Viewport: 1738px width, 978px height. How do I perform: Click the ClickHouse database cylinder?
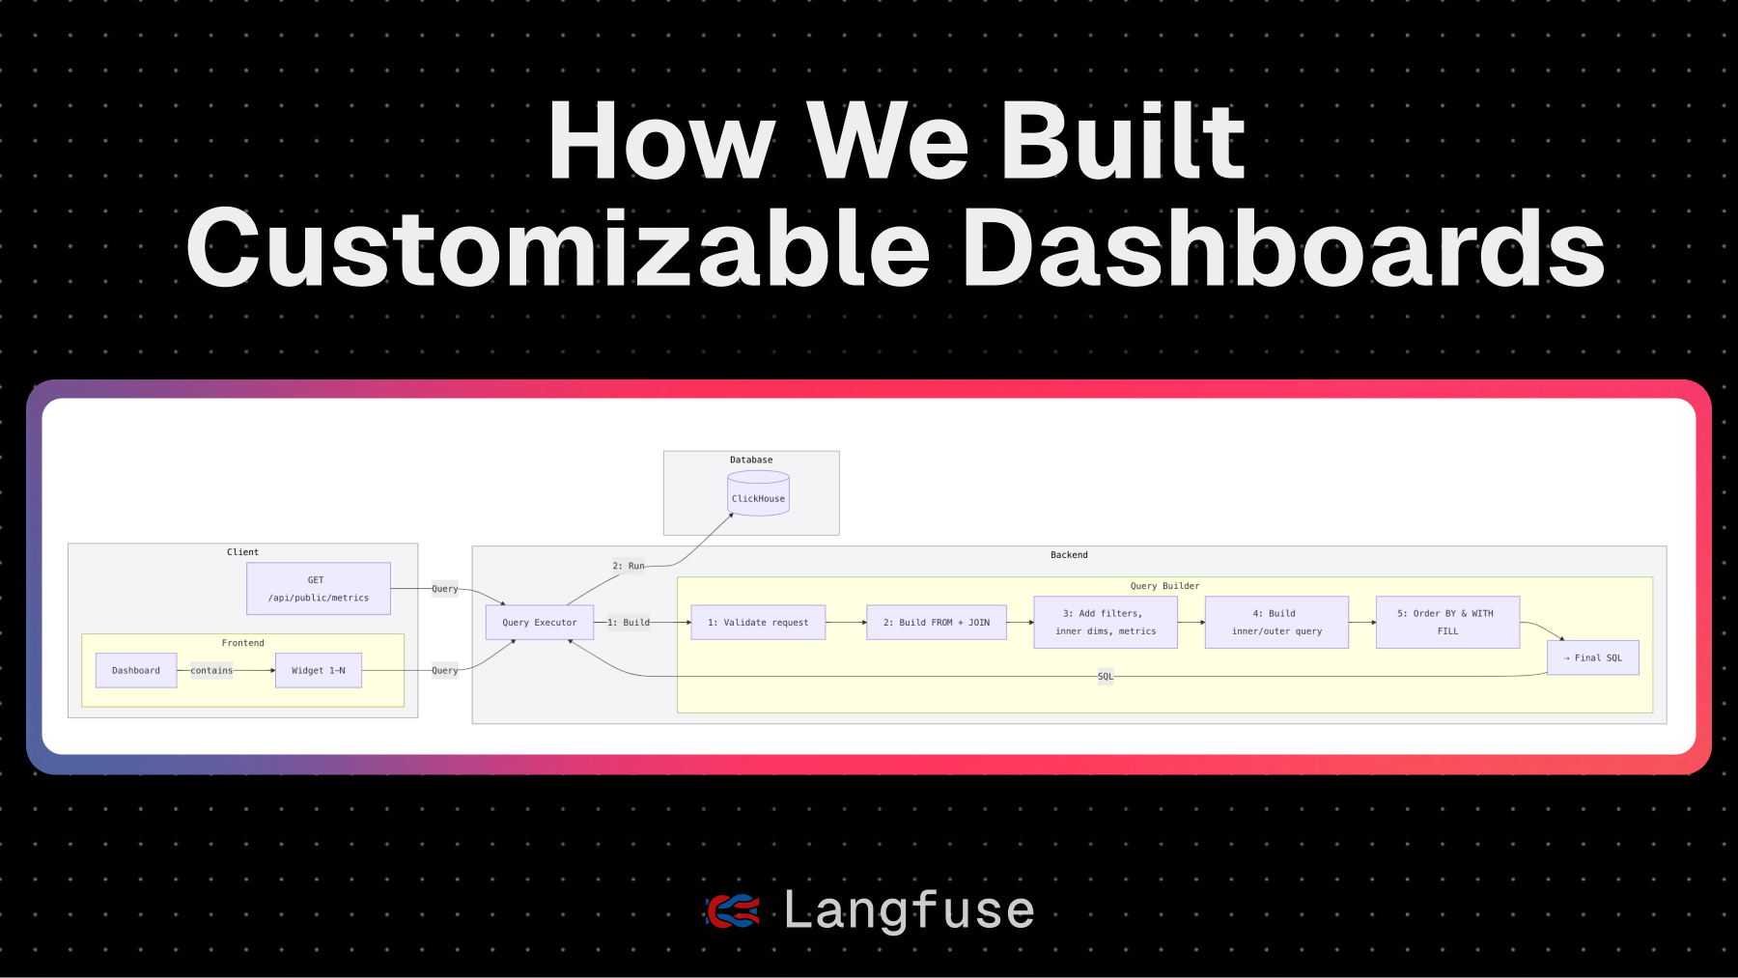(x=758, y=493)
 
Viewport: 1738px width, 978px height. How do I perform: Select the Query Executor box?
(x=539, y=623)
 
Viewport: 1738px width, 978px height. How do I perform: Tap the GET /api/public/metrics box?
(x=319, y=589)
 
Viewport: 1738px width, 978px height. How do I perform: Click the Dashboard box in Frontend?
(x=136, y=670)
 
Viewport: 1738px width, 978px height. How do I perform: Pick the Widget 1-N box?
(x=319, y=670)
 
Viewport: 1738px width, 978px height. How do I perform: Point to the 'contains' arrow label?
(x=211, y=670)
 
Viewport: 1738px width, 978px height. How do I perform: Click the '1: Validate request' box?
(x=758, y=623)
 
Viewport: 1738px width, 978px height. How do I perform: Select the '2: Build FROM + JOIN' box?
(x=937, y=623)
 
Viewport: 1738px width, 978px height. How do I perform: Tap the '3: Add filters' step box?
(x=1106, y=622)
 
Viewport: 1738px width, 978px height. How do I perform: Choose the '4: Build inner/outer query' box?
(x=1276, y=622)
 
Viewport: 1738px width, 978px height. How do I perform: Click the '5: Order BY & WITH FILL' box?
(x=1447, y=622)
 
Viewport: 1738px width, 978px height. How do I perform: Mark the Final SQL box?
(x=1592, y=657)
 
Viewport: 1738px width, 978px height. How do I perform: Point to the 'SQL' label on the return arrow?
(x=1106, y=676)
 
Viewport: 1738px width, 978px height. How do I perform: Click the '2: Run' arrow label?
(x=629, y=566)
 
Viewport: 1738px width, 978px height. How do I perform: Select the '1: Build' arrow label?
(x=629, y=623)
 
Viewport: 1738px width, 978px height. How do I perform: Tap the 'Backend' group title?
(x=1069, y=555)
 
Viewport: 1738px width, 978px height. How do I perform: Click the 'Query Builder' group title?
(x=1164, y=586)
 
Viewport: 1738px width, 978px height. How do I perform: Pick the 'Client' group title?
(x=242, y=552)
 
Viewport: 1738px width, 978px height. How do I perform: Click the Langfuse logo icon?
(x=733, y=910)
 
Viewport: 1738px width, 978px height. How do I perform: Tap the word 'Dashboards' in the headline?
(x=1284, y=249)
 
